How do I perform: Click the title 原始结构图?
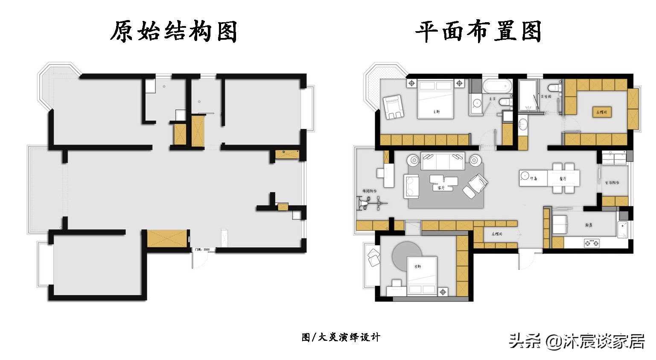coord(174,32)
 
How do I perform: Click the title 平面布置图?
coord(478,32)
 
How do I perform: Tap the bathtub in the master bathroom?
coord(496,86)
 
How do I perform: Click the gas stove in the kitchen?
coord(592,243)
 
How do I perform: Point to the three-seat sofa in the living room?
coord(442,161)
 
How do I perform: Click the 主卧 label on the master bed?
coord(436,111)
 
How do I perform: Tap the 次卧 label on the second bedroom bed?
coord(418,266)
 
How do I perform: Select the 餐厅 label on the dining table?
coord(562,179)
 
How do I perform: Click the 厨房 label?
coord(589,225)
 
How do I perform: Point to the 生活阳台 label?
coord(612,182)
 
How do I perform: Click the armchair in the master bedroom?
coord(394,107)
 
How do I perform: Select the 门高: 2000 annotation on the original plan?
coord(202,249)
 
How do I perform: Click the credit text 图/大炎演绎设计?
coord(341,337)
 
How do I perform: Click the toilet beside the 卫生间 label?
coord(554,88)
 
